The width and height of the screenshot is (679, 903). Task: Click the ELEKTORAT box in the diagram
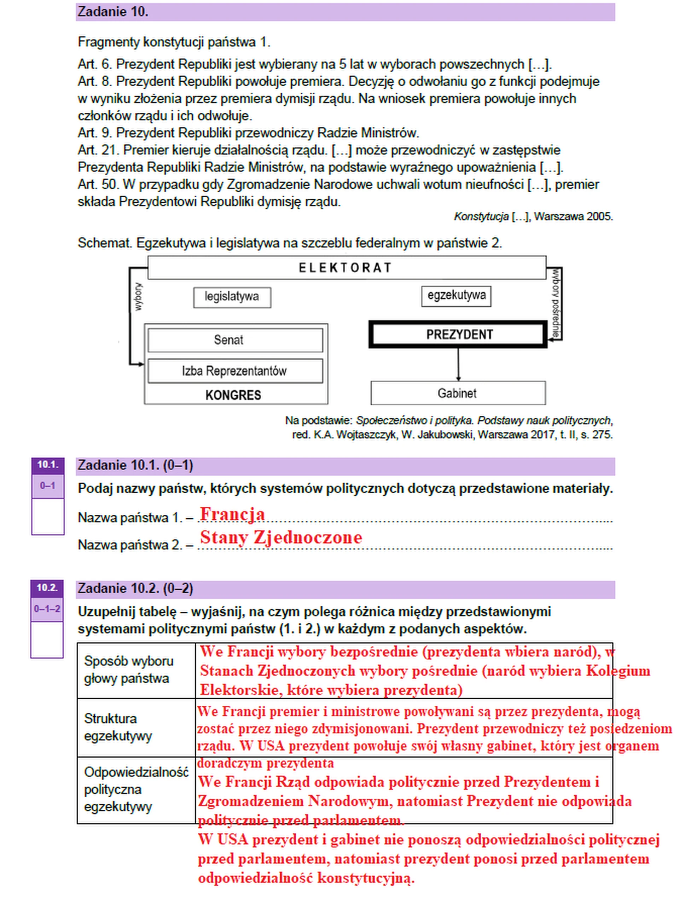(346, 268)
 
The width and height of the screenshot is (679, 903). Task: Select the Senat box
(235, 340)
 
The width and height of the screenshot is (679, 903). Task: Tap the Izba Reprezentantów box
(235, 371)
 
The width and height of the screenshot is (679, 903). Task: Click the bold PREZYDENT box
(458, 334)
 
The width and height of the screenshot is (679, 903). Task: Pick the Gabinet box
(458, 393)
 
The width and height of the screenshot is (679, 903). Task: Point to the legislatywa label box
(232, 297)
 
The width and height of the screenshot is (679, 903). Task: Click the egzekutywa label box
(456, 296)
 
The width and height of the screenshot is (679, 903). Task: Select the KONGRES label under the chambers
(233, 395)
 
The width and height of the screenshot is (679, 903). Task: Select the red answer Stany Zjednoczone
(281, 537)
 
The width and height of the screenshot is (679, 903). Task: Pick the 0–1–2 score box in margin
(47, 609)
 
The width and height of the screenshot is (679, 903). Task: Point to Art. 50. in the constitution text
(98, 185)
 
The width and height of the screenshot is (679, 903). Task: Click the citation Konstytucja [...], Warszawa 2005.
(533, 217)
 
